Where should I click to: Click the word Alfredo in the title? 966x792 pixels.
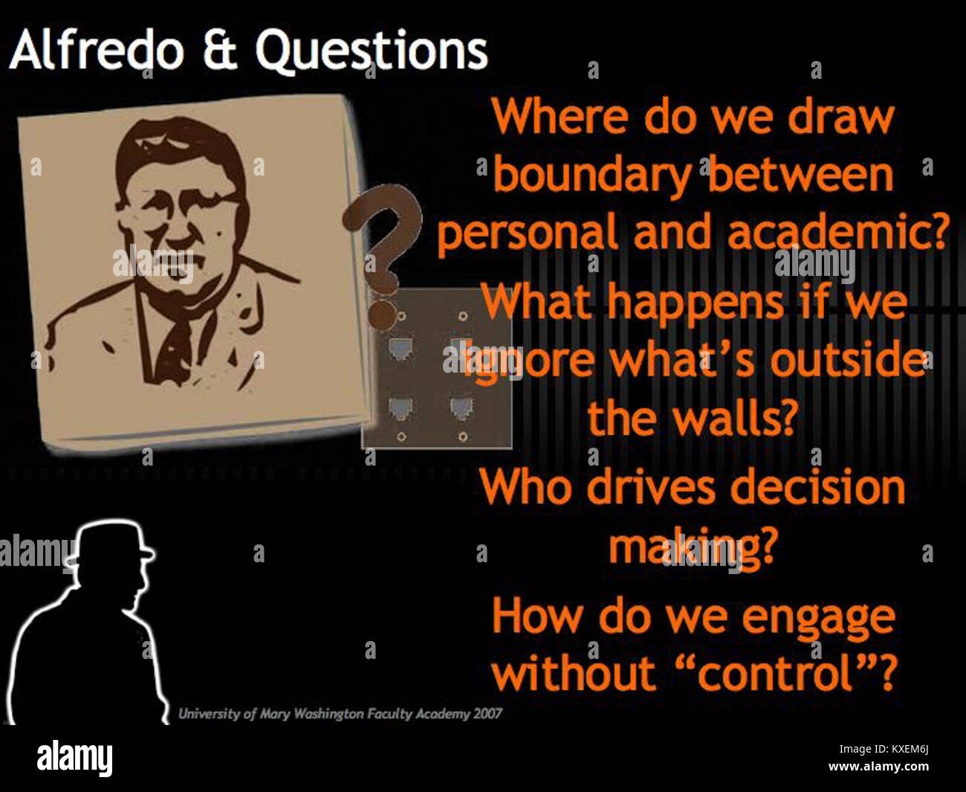pyautogui.click(x=97, y=51)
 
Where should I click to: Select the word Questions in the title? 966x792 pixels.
pyautogui.click(x=372, y=51)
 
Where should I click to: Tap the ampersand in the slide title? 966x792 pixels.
pyautogui.click(x=219, y=51)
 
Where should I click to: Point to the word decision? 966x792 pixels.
pyautogui.click(x=817, y=488)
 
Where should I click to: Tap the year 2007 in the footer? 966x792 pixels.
pyautogui.click(x=487, y=714)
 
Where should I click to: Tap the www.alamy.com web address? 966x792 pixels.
pyautogui.click(x=878, y=767)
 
